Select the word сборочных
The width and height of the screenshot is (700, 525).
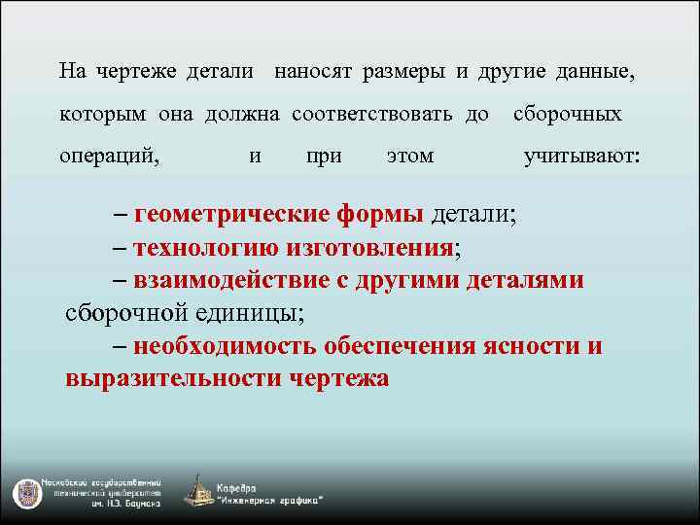[567, 114]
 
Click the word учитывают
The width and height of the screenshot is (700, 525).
[581, 156]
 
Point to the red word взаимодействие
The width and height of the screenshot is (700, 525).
[229, 280]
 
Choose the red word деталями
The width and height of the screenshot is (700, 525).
[526, 280]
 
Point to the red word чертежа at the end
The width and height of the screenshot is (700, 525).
[339, 379]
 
